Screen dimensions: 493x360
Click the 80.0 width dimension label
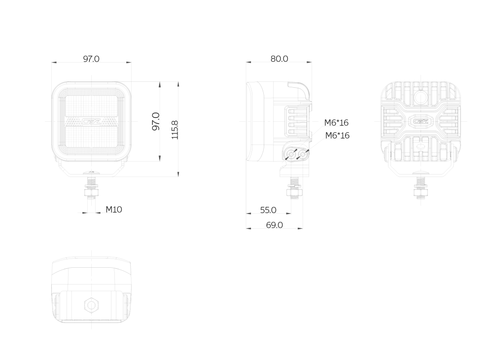coord(279,59)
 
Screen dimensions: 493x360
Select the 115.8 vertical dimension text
coord(175,130)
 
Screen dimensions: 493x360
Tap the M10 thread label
coord(114,210)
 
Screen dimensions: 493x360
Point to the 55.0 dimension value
coord(268,210)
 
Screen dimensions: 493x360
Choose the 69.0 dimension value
coord(275,225)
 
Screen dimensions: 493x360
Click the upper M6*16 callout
coord(336,123)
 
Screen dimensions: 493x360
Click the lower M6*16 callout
coord(337,136)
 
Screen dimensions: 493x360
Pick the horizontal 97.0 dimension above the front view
coord(91,59)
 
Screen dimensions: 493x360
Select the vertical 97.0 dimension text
coord(156,121)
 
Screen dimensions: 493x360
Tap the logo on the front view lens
coord(92,121)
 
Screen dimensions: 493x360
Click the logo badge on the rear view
coord(421,121)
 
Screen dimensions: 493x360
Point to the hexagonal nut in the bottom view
coord(92,305)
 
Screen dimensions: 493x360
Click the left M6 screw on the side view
coord(291,155)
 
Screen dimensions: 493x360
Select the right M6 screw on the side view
coord(303,154)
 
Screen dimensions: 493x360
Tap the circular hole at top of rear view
coord(421,98)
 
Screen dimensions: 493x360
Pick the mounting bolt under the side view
coord(295,188)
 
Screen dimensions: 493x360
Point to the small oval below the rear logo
coord(421,146)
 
